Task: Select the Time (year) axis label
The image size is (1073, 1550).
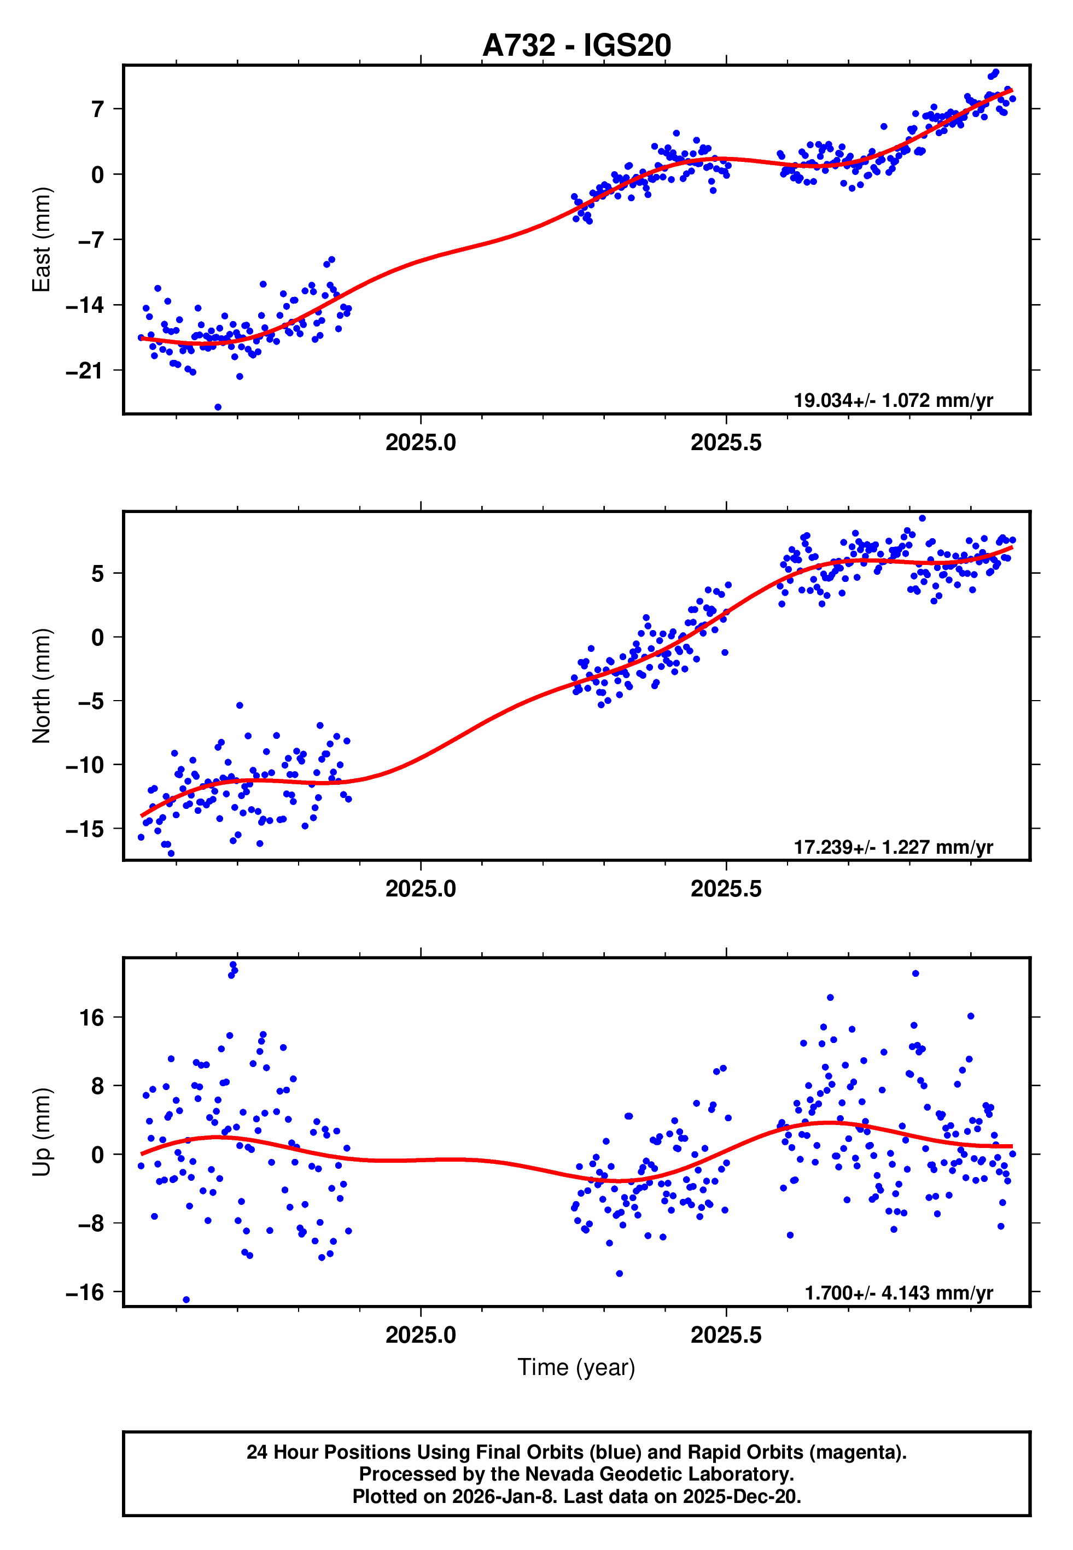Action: [x=576, y=1368]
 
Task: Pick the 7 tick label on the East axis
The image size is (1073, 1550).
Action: [x=98, y=109]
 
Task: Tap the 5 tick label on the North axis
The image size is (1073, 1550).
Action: [x=98, y=573]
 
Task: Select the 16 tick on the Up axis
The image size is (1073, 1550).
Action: [x=92, y=1018]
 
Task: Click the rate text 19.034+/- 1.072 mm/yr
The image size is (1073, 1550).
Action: [x=893, y=400]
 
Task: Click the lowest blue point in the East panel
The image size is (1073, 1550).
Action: [x=218, y=407]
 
